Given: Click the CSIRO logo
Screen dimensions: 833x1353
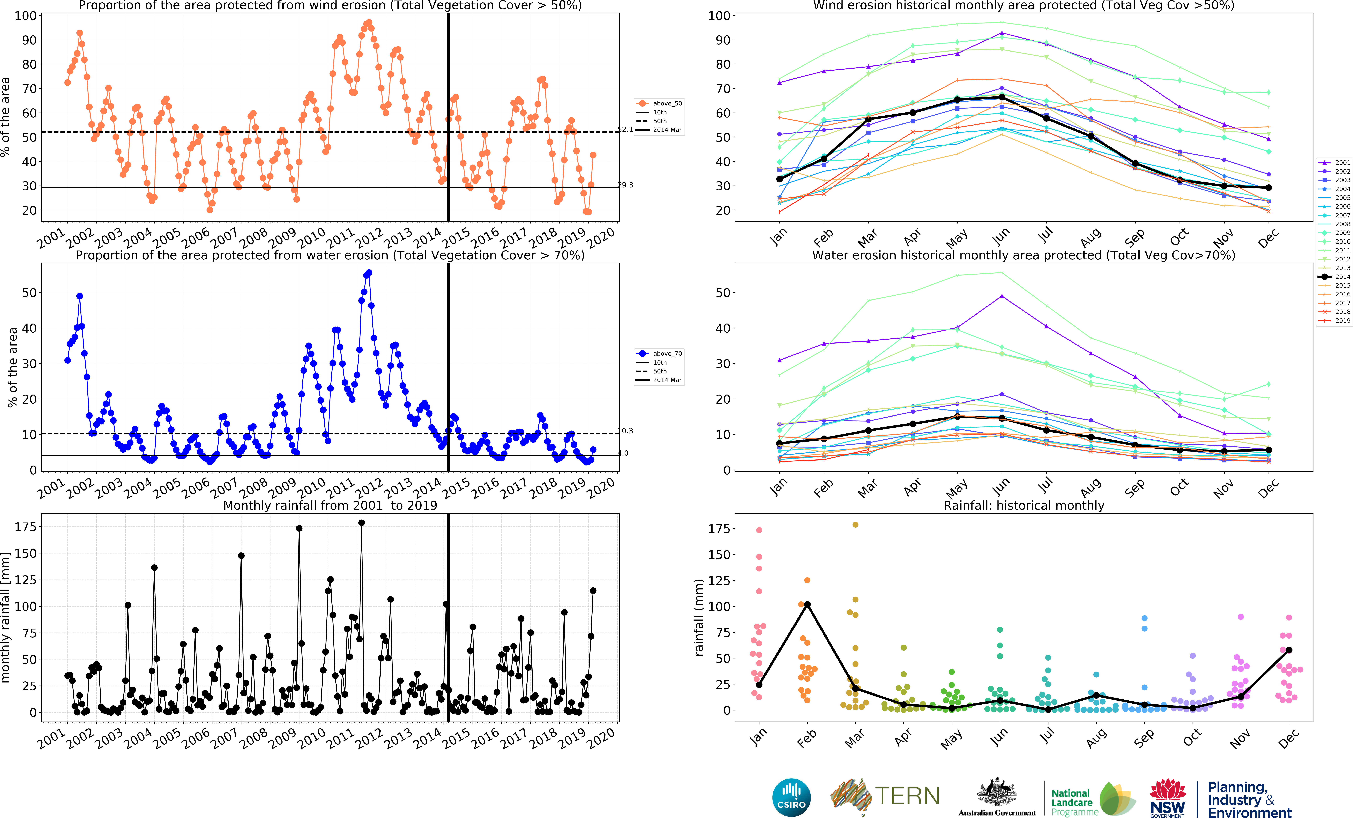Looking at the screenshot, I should coord(791,797).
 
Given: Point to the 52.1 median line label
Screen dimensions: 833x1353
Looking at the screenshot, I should coord(625,129).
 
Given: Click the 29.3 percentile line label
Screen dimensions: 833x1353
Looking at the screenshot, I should coord(625,185).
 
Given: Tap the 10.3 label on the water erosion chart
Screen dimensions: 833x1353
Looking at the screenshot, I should coord(625,431).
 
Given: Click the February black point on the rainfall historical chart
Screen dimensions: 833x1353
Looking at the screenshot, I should coord(807,604).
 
